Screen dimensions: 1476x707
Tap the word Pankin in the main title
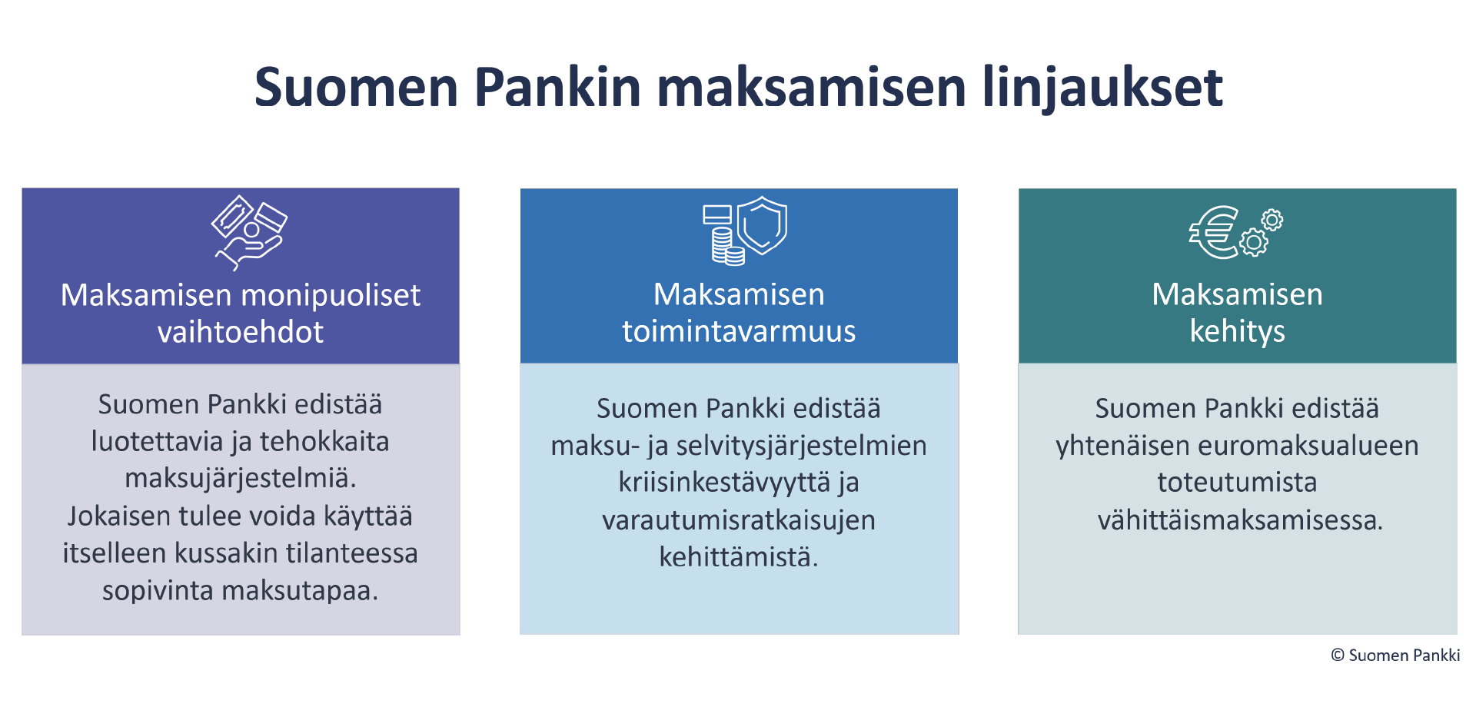click(x=557, y=86)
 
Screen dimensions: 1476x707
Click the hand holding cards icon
click(x=249, y=232)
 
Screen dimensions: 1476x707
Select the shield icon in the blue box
click(x=762, y=225)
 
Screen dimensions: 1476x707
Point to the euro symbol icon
click(x=1214, y=232)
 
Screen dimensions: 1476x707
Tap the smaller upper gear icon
click(x=1272, y=221)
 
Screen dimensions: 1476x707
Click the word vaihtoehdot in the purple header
click(x=241, y=332)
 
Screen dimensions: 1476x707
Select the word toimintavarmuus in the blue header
click(x=739, y=331)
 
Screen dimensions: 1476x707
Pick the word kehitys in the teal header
click(x=1237, y=332)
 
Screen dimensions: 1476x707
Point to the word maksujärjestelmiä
click(x=241, y=479)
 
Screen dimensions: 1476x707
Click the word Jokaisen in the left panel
click(x=120, y=516)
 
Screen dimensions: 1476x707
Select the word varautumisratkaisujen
click(x=739, y=521)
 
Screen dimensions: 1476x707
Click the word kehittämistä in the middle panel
click(x=739, y=557)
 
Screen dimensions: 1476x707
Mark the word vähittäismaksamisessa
click(x=1240, y=520)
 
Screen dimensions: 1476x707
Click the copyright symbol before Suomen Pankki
click(x=1338, y=655)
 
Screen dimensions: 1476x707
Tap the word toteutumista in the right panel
click(x=1237, y=483)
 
